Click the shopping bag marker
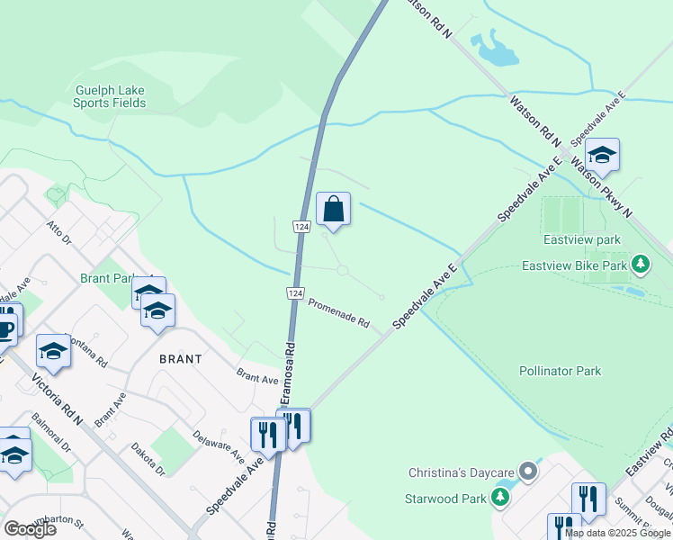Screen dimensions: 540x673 [x=333, y=211]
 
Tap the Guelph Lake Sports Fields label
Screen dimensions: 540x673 [x=110, y=96]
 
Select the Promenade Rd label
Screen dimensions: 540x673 [x=339, y=313]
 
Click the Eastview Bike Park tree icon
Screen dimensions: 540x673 [x=641, y=265]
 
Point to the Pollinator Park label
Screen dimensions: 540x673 [x=560, y=371]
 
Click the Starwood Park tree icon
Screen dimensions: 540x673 [x=500, y=497]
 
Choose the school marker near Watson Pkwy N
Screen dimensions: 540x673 [x=601, y=155]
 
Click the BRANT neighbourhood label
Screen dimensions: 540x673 [x=180, y=357]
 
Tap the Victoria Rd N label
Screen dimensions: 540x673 [x=56, y=401]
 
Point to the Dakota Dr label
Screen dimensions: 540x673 [x=148, y=457]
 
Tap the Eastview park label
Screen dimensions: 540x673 [x=582, y=240]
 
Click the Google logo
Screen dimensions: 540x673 [x=30, y=529]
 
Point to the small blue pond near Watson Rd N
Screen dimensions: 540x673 [x=493, y=49]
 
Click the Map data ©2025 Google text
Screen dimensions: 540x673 [x=617, y=533]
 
